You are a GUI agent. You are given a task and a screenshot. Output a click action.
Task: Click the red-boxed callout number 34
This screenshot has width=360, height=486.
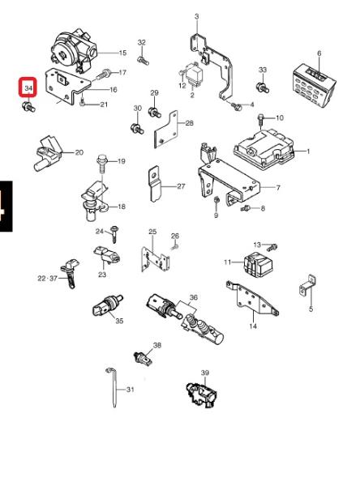click(28, 88)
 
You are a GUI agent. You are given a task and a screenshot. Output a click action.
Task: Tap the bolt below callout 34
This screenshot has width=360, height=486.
click(28, 107)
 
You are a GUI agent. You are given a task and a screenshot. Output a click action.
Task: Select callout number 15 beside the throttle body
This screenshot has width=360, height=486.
click(123, 53)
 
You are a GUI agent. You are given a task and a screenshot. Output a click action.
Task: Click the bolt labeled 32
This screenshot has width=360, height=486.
click(143, 61)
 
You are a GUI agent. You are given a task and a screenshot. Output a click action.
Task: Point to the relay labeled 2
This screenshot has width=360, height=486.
click(193, 75)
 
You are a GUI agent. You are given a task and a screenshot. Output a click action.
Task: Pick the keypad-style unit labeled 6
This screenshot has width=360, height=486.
click(314, 86)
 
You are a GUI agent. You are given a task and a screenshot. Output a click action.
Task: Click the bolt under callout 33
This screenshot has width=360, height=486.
click(264, 87)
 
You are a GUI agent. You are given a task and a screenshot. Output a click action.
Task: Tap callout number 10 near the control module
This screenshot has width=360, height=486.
click(280, 117)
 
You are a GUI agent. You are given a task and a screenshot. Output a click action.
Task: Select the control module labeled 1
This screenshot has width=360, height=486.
click(264, 149)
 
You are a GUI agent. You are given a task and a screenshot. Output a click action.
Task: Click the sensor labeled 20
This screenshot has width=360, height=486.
click(47, 154)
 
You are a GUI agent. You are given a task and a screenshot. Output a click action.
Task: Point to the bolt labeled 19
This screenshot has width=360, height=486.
click(102, 164)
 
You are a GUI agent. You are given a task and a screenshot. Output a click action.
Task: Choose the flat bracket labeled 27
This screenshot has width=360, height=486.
click(155, 184)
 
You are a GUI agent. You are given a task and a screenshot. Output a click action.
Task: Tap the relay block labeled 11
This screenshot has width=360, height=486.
click(258, 264)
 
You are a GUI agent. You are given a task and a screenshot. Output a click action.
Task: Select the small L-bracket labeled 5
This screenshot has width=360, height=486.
click(308, 285)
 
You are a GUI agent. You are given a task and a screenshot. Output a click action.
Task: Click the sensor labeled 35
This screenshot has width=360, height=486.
click(107, 305)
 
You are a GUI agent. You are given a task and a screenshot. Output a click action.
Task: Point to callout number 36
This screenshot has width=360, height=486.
click(193, 297)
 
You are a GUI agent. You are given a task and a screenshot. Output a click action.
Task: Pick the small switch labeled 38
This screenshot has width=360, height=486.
click(144, 358)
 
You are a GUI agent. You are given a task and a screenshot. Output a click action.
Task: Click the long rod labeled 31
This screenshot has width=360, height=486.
click(114, 387)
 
